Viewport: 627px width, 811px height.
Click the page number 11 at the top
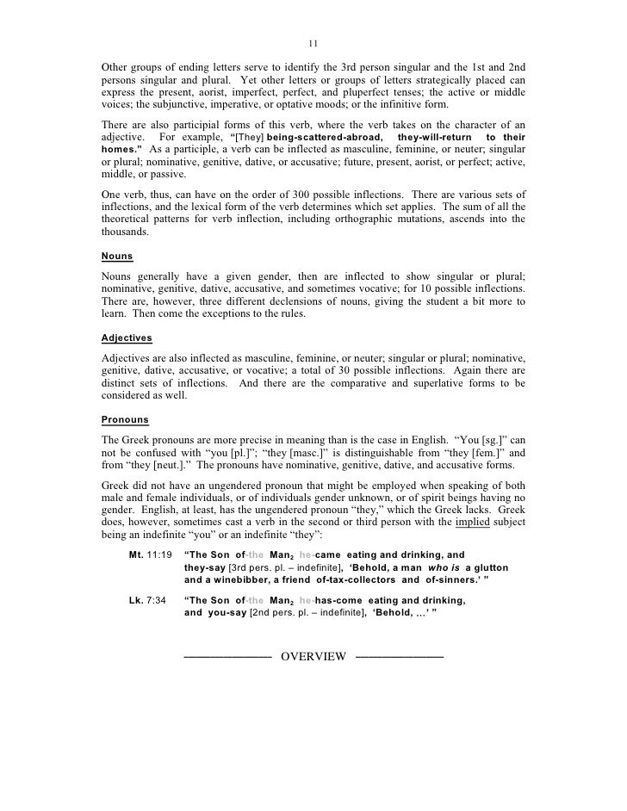(x=313, y=44)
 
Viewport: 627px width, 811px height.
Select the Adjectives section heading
(x=126, y=338)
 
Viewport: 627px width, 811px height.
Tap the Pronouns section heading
(x=124, y=419)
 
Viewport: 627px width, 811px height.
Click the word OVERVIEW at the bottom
(x=313, y=657)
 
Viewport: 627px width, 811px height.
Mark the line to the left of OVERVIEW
(x=227, y=657)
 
